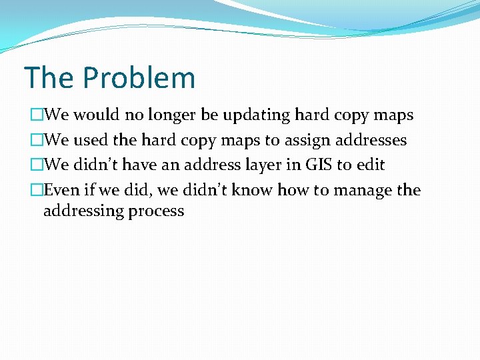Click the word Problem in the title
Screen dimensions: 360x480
[x=139, y=78]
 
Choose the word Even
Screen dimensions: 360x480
[x=61, y=191]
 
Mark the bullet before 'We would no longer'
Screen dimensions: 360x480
[x=36, y=115]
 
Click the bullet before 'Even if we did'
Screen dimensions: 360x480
[x=36, y=191]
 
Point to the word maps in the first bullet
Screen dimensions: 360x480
[x=393, y=115]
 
